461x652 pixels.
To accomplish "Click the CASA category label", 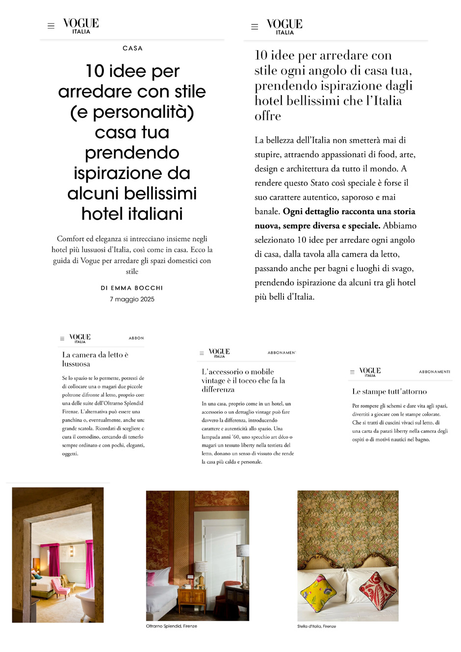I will pyautogui.click(x=132, y=49).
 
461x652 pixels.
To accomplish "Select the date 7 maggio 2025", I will pyautogui.click(x=132, y=299).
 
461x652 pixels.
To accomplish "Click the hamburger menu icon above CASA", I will pyautogui.click(x=51, y=26).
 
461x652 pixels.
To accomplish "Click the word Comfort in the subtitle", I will pyautogui.click(x=71, y=239).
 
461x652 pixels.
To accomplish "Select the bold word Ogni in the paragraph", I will pyautogui.click(x=293, y=212).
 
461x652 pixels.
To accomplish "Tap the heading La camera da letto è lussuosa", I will pyautogui.click(x=95, y=359).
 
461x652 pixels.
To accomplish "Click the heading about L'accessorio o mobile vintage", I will pyautogui.click(x=243, y=380).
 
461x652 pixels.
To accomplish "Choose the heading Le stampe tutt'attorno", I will pyautogui.click(x=389, y=392).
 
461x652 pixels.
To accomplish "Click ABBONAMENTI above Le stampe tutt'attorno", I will pyautogui.click(x=434, y=372).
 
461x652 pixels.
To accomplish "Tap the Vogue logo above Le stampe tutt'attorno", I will pyautogui.click(x=370, y=372).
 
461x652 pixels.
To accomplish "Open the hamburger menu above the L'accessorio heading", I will pyautogui.click(x=202, y=353).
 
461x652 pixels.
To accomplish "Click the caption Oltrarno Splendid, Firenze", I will pyautogui.click(x=171, y=626).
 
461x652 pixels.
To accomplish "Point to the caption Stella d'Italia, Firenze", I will pyautogui.click(x=316, y=626).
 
